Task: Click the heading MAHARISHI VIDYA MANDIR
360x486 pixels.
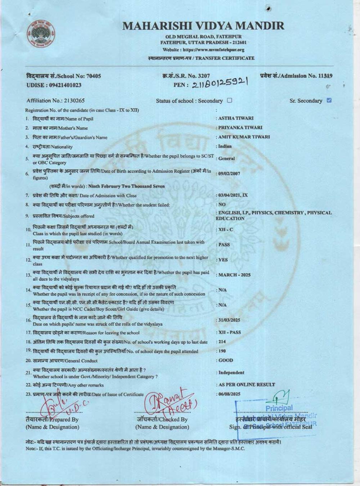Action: [203, 26]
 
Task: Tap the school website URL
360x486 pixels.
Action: [203, 50]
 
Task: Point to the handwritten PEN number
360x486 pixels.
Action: [220, 84]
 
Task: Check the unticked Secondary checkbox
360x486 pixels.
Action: [230, 100]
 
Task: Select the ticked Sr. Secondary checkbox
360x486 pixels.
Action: [329, 100]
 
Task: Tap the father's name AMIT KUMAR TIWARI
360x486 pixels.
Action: [244, 137]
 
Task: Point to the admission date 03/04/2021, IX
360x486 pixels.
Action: [233, 195]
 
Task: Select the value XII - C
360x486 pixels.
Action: [226, 229]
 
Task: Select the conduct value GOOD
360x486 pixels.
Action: [226, 360]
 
